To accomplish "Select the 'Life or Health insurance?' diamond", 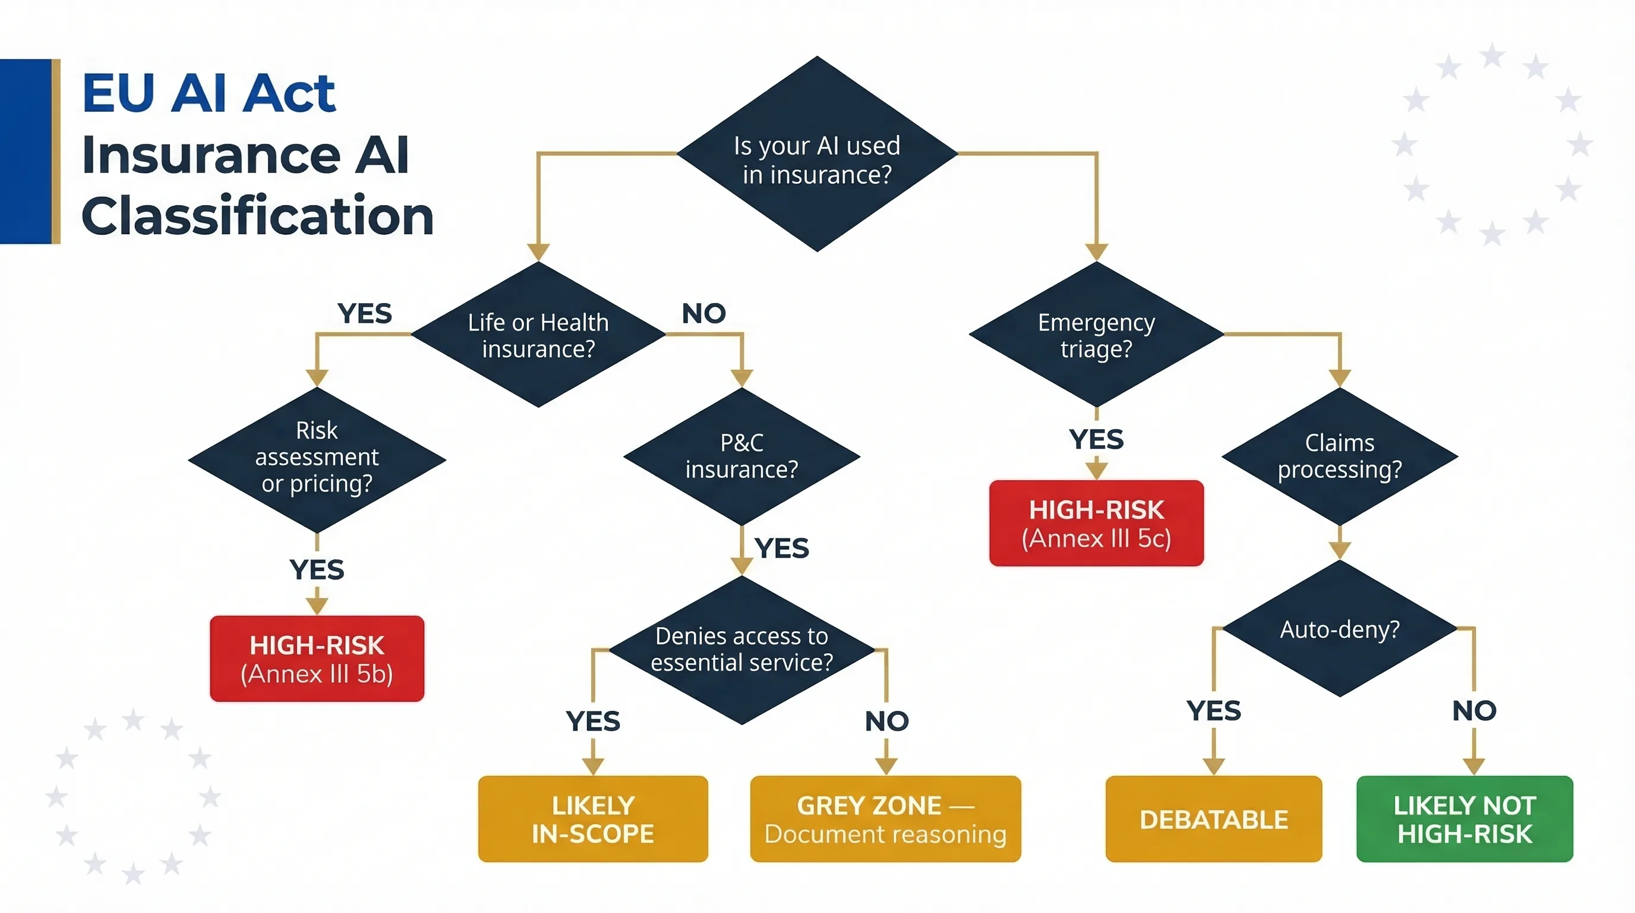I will point(538,335).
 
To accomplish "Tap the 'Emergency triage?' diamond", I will point(1096,335).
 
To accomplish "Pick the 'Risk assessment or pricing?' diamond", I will point(317,458).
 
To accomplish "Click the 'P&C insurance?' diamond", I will point(741,456).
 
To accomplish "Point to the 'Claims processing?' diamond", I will point(1339,456).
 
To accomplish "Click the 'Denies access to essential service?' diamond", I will point(741,649).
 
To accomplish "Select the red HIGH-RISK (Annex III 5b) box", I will point(317,659).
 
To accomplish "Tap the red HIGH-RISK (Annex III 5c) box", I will point(1096,523).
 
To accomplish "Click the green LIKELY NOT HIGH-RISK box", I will point(1464,819).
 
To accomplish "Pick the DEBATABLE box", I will point(1214,819).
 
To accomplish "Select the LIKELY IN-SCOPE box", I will point(593,819).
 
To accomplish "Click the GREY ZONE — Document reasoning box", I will point(885,819).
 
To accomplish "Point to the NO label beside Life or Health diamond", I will point(703,313).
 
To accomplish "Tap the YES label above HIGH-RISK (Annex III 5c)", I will point(1096,439).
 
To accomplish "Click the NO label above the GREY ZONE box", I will point(886,721).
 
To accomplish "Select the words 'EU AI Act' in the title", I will point(209,94).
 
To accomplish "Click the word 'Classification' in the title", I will point(257,216).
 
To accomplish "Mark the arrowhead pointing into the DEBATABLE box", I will point(1214,766).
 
